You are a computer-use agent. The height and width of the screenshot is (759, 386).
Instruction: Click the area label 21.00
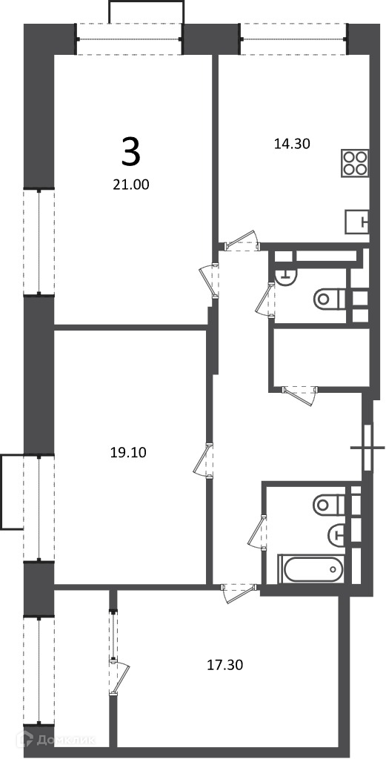(x=130, y=184)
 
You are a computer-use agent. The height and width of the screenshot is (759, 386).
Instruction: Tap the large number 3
(x=130, y=151)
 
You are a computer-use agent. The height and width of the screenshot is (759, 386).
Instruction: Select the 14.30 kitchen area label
(x=292, y=143)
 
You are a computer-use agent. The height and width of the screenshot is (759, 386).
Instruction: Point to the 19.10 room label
(x=128, y=453)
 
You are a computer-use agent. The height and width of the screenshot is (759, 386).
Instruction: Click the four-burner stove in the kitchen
(x=355, y=162)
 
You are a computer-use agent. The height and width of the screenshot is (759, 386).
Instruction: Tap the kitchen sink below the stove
(x=357, y=222)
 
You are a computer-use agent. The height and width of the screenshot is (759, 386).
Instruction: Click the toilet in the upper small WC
(x=330, y=299)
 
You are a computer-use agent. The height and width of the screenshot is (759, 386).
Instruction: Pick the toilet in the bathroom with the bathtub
(x=330, y=505)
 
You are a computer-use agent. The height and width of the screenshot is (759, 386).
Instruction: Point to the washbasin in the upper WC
(x=286, y=275)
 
